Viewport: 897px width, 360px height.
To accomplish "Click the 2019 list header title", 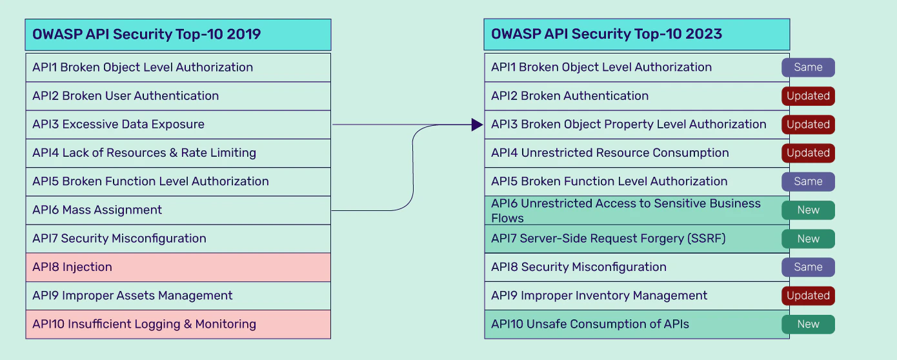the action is point(146,34).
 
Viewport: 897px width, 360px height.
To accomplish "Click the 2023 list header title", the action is point(606,34).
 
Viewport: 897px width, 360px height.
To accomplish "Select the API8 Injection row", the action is point(178,267).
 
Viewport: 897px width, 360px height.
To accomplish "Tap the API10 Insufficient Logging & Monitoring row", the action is point(178,325).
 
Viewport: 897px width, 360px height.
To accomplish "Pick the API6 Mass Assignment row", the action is point(178,210).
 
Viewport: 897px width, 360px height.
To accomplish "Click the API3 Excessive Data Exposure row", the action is point(178,125).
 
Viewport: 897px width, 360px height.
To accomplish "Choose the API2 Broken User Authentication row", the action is point(178,96).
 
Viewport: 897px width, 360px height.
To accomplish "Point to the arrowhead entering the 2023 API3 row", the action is point(477,125).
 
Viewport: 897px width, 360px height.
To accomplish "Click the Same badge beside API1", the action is point(808,67).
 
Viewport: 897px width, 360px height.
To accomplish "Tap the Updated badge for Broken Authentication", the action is point(808,96).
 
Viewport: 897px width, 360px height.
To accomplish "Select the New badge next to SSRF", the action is point(808,239).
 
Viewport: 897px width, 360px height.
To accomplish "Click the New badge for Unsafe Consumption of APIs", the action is point(808,325).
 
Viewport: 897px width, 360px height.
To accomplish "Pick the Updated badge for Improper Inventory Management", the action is point(808,295).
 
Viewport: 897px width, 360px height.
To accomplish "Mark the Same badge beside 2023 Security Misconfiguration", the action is point(808,267).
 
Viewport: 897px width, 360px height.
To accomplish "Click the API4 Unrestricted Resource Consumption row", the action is point(637,153).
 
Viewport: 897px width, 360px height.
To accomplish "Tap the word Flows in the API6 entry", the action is point(507,218).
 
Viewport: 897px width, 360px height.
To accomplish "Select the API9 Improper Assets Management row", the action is point(178,296).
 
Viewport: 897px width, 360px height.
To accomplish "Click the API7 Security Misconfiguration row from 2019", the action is point(178,239).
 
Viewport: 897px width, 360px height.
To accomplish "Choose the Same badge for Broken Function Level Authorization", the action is point(808,181).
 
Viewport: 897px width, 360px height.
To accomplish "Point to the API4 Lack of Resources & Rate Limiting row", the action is point(178,153).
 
